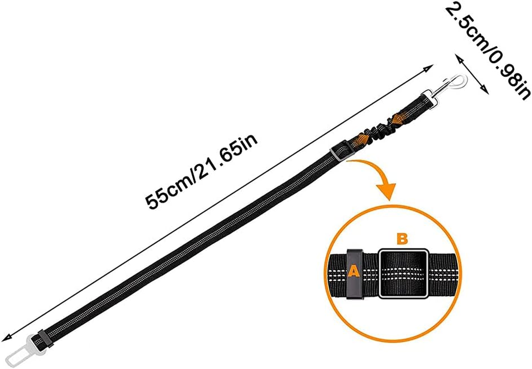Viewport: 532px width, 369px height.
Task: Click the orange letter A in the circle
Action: [353, 272]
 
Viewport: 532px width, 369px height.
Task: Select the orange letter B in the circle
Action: [402, 238]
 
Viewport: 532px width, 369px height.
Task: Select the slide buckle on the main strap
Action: [340, 153]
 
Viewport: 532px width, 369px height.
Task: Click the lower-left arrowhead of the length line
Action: [6, 339]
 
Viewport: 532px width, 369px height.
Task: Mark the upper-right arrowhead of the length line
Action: [427, 68]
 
